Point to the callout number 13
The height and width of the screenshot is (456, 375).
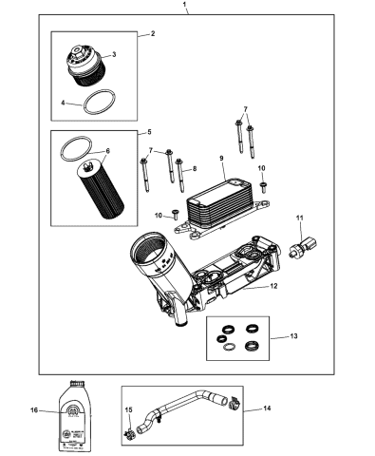pos(291,337)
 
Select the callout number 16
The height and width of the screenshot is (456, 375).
pos(35,411)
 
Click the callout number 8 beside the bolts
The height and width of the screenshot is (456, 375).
pos(194,169)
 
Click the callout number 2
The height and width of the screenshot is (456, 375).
pos(151,34)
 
